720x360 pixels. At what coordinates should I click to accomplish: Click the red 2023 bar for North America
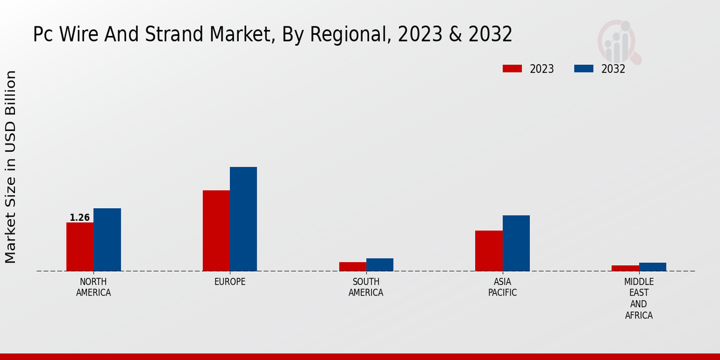coord(80,247)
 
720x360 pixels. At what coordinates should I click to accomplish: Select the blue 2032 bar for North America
coord(107,239)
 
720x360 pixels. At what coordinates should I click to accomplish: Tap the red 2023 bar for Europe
coord(216,230)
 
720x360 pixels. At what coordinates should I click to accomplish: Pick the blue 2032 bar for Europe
coord(243,219)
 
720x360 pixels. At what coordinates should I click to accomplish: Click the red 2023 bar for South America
coord(352,266)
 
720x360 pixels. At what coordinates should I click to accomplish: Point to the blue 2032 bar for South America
coord(380,265)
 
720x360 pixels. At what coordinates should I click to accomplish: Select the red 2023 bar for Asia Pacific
coord(488,251)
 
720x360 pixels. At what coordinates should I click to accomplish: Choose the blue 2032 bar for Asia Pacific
coord(516,243)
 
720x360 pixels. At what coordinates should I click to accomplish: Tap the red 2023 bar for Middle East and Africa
coord(625,268)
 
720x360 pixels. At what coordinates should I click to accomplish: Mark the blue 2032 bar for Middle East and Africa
coord(652,267)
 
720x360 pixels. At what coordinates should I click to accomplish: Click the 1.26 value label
coord(80,218)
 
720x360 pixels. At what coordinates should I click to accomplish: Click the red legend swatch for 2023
coord(512,68)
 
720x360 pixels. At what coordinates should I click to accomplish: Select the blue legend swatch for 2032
coord(584,68)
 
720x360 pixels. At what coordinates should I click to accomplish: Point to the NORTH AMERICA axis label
coord(94,287)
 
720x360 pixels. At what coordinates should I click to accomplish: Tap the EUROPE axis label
coord(230,282)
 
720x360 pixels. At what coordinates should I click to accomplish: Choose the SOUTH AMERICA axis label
coord(366,287)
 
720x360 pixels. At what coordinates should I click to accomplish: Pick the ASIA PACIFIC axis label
coord(503,287)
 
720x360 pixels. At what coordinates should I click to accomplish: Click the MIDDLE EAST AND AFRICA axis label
coord(639,298)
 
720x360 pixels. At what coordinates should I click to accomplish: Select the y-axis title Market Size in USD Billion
coord(11,167)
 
